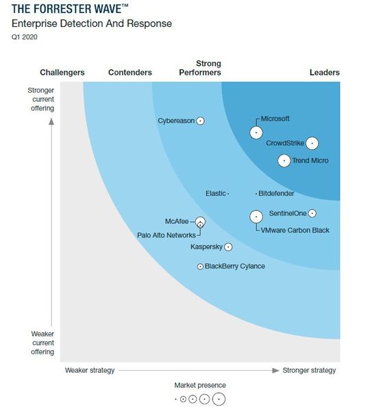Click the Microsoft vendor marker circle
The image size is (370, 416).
coord(256,133)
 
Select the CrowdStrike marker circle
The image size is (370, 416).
coord(312,143)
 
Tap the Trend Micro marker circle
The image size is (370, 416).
coord(284,161)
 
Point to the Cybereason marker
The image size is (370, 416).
coord(201,121)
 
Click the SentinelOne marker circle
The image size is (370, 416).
coord(312,213)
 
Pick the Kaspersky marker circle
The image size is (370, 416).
coord(228,247)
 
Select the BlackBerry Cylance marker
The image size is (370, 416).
coord(200,266)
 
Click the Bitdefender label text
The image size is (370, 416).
coord(276,194)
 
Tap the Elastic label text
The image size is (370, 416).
coord(215,194)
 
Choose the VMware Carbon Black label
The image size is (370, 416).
coord(296,230)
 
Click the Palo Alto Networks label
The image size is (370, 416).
coord(166,235)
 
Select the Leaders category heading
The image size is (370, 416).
coord(324,73)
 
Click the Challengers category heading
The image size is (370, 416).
coord(62,73)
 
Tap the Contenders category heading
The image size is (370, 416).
coord(130,73)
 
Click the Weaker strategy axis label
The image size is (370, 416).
coord(90,371)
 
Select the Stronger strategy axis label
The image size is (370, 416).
coord(309,371)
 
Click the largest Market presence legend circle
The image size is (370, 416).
coord(219,399)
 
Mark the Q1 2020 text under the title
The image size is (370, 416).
coord(25,37)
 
